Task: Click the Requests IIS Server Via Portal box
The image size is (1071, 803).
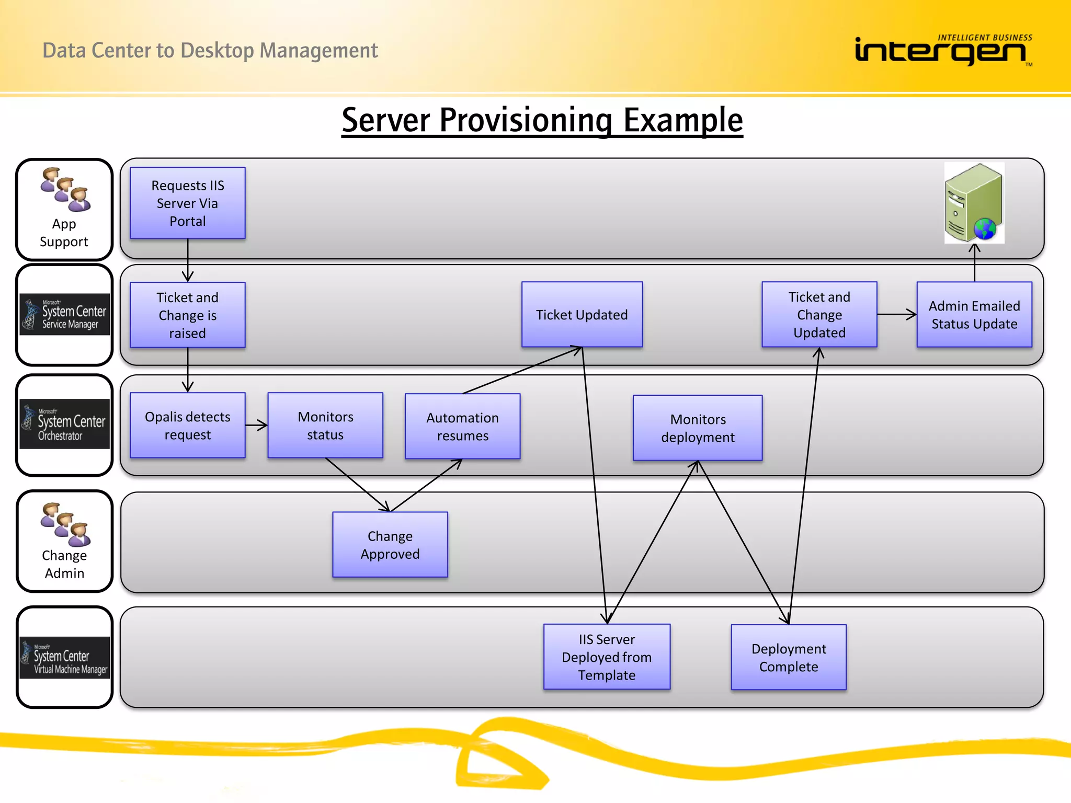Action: coord(187,203)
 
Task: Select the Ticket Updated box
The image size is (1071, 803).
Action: coord(582,315)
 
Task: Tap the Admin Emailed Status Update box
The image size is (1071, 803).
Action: coord(974,315)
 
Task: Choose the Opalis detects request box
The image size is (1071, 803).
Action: coord(187,426)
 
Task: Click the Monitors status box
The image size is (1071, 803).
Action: coord(325,426)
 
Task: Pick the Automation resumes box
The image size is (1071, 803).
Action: coord(462,427)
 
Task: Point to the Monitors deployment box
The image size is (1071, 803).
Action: coord(697,428)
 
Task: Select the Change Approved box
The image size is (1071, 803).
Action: coord(390,545)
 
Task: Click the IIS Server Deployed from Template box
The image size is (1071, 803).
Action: coord(607,657)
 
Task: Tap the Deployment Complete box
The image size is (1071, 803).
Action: coord(788,658)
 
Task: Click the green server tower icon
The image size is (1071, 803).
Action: coord(974,203)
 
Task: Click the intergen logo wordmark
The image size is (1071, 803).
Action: coord(940,51)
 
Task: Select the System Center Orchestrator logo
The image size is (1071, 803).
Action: coord(65,423)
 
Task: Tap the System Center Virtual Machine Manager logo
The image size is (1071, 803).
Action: coord(65,658)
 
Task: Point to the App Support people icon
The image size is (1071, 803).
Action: coord(65,189)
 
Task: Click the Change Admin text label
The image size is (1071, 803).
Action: coord(64,565)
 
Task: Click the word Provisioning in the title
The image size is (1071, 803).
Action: coord(525,120)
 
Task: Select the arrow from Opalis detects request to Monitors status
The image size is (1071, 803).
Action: coord(256,426)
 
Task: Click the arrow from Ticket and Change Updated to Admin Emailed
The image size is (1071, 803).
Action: coord(896,315)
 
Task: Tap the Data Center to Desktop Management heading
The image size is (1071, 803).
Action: coord(210,51)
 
